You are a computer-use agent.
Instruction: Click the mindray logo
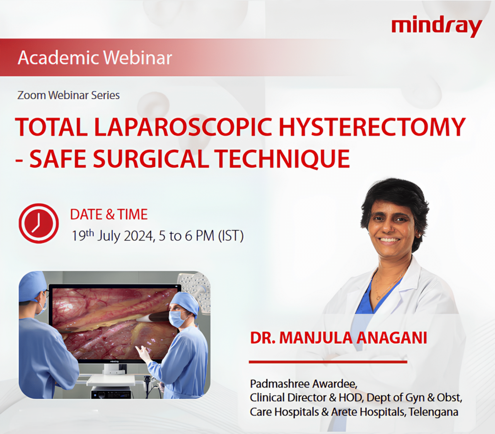[437, 27]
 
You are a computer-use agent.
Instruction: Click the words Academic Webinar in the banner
[95, 58]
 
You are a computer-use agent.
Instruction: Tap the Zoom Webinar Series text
[68, 95]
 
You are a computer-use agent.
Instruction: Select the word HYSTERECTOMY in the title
[372, 127]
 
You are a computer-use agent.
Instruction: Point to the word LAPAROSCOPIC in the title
[183, 127]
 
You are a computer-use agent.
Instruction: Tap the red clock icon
[39, 223]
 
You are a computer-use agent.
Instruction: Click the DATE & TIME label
[109, 214]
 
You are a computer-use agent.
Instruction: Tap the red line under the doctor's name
[328, 362]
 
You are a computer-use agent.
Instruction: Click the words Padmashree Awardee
[304, 384]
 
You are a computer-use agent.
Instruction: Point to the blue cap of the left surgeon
[33, 286]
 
